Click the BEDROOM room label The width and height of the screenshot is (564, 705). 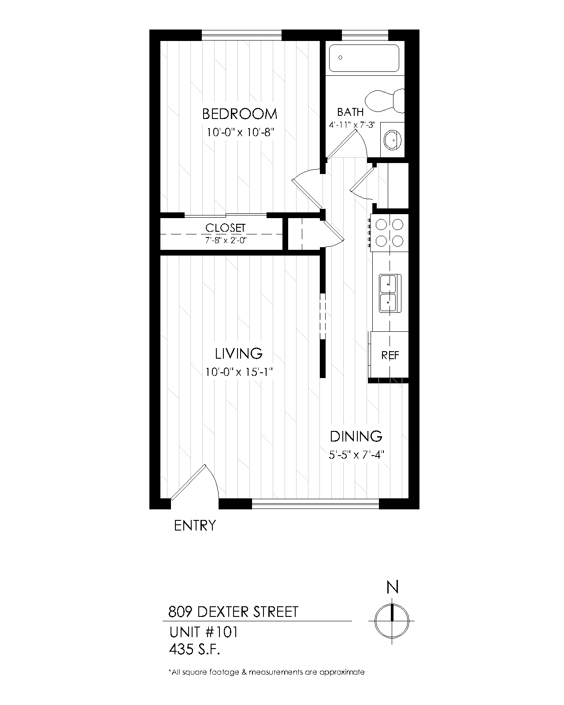tap(240, 114)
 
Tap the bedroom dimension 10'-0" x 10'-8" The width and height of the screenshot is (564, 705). tap(241, 132)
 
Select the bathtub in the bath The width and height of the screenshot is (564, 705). tap(364, 58)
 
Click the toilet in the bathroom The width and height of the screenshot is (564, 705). tap(385, 100)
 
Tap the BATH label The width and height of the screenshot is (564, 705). tap(350, 112)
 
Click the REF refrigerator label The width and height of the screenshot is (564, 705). tap(390, 356)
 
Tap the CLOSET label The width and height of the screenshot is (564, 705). tap(225, 228)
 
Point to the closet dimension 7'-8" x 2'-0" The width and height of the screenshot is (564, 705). tap(225, 241)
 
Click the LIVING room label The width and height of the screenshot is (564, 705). tap(239, 353)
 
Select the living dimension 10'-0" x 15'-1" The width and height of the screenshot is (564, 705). tap(239, 372)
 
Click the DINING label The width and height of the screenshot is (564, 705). tap(356, 437)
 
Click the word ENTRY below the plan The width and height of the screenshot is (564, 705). tap(195, 526)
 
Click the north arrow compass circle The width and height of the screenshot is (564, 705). tap(392, 621)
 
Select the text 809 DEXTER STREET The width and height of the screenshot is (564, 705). tap(234, 612)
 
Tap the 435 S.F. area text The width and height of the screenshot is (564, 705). tap(194, 649)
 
